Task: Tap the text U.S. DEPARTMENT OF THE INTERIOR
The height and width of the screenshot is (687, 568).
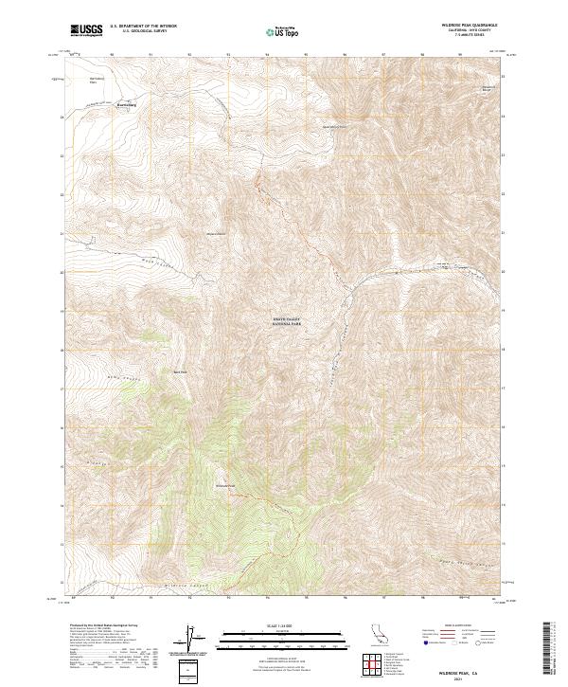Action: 143,27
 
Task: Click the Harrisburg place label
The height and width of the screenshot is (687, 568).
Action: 127,104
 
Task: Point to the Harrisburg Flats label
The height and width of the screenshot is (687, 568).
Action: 94,80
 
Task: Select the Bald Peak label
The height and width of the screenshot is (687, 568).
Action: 180,371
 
